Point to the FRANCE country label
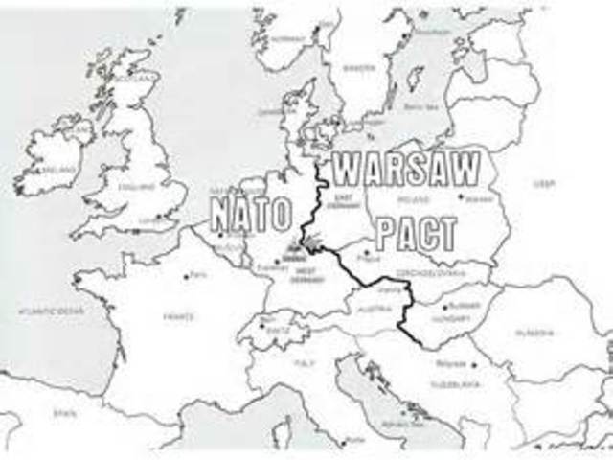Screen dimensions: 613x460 coord(179,316)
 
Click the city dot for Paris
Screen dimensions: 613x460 coord(186,277)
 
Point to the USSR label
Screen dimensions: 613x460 coord(543,183)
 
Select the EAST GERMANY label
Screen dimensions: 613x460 coord(340,201)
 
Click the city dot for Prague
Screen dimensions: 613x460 coord(365,253)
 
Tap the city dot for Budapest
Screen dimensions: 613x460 coord(445,307)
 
